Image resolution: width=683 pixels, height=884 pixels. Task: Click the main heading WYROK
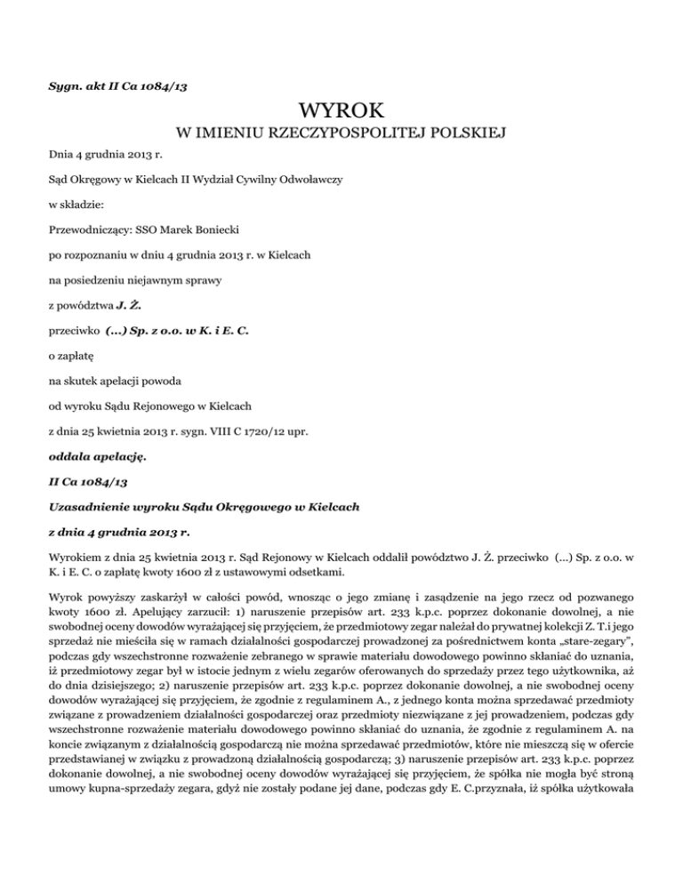[341, 111]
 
